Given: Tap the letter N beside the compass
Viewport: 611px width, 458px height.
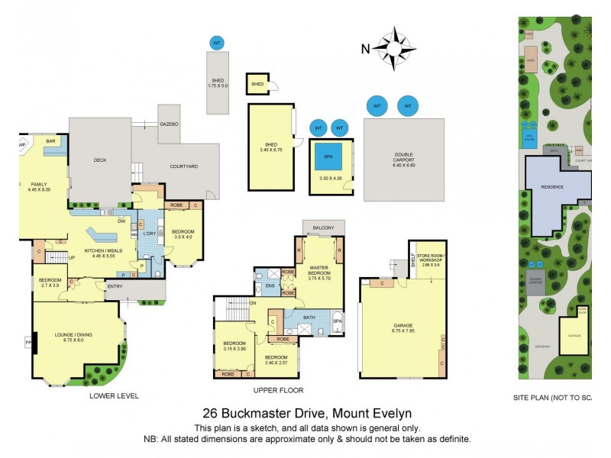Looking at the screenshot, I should pyautogui.click(x=366, y=49).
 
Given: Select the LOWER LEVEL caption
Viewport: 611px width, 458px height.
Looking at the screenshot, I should pyautogui.click(x=114, y=395).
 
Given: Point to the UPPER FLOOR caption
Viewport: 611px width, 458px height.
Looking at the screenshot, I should pyautogui.click(x=274, y=390).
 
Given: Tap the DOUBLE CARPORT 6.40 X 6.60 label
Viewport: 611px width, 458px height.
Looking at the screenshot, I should pyautogui.click(x=403, y=160).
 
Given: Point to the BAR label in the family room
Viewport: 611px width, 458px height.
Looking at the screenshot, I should pyautogui.click(x=52, y=141).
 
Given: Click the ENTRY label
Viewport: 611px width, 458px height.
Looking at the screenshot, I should pyautogui.click(x=115, y=286).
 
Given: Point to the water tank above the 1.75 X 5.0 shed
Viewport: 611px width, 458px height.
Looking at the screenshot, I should pyautogui.click(x=217, y=43).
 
